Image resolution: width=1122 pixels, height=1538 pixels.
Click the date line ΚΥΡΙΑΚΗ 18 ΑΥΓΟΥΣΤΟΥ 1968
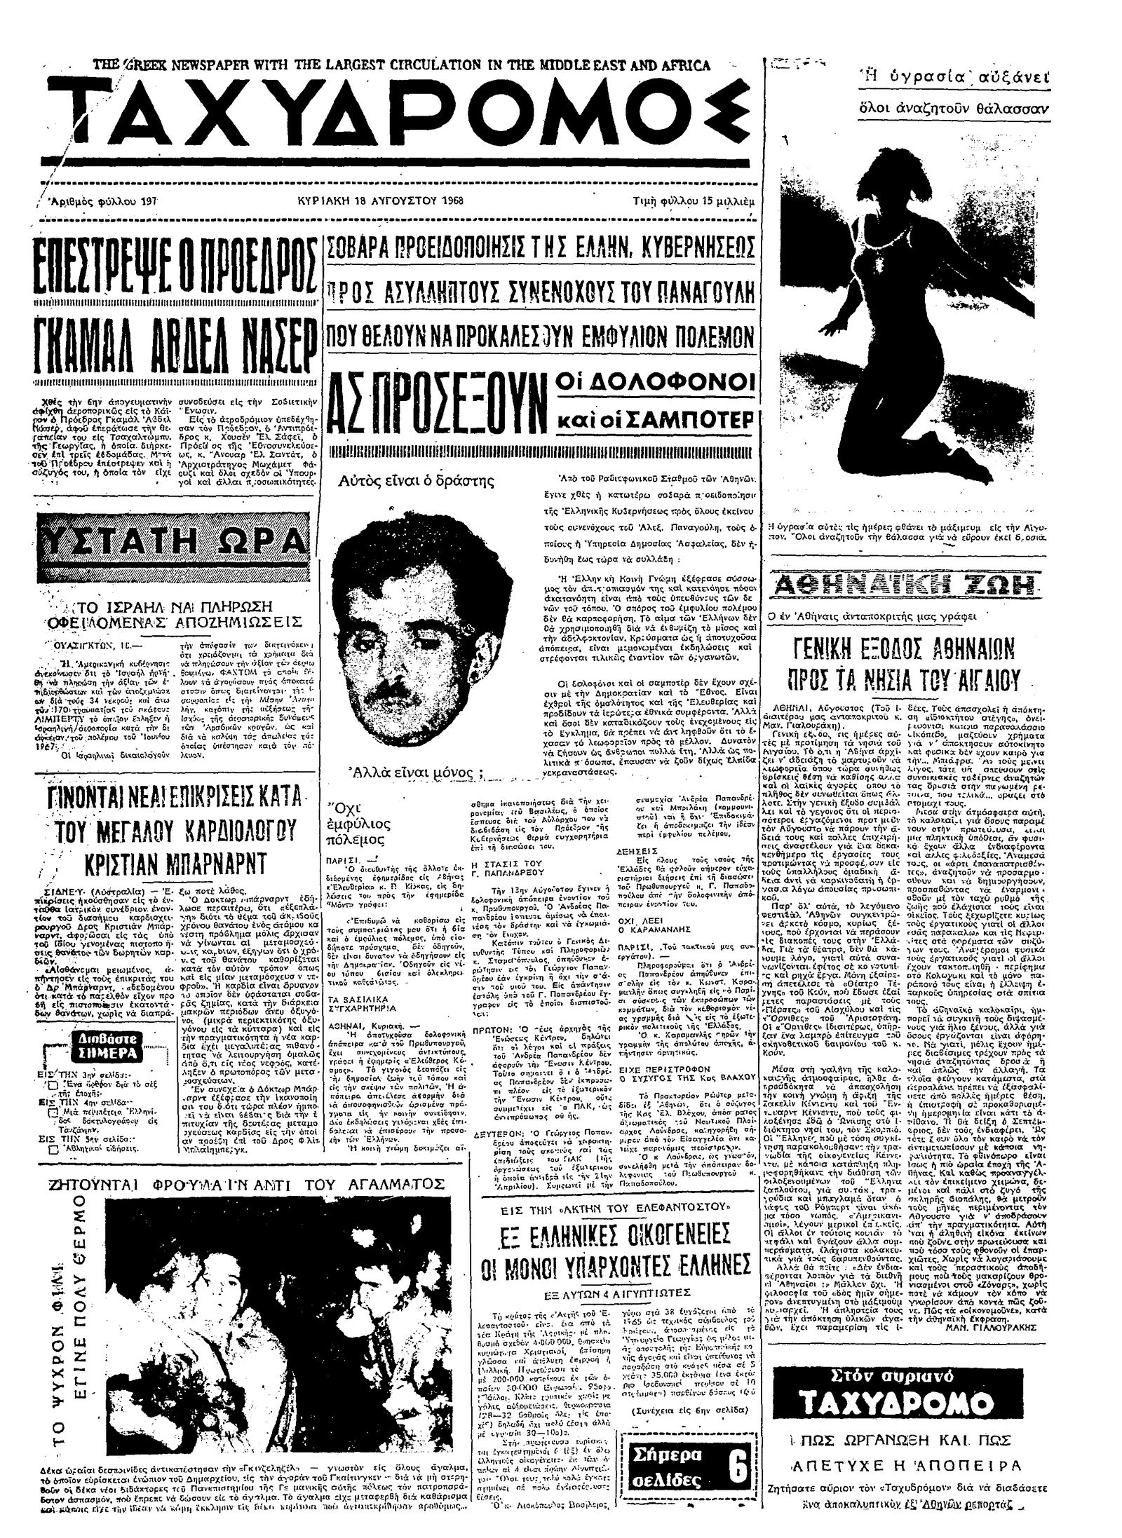click(381, 199)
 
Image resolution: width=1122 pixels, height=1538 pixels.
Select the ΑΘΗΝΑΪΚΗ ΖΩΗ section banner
click(907, 584)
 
